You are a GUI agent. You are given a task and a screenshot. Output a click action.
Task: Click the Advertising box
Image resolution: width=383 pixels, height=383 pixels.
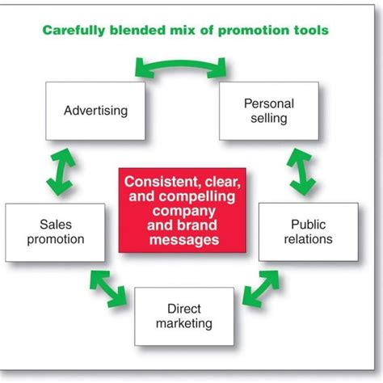click(95, 111)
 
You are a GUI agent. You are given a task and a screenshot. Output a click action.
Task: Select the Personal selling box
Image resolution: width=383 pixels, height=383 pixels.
click(269, 111)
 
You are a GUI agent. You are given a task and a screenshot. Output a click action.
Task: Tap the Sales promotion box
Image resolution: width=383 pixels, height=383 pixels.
click(55, 233)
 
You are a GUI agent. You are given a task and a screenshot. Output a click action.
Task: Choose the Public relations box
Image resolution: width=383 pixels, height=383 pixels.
click(309, 232)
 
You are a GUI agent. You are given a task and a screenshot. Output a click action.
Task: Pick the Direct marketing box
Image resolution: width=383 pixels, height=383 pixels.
click(184, 317)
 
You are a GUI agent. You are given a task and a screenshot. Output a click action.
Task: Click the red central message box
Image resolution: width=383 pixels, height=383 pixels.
click(183, 210)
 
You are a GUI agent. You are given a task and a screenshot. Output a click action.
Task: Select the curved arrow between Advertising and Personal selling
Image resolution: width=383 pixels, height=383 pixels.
click(180, 64)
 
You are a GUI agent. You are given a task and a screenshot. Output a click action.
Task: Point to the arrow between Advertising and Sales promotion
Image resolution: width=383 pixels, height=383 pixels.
click(61, 172)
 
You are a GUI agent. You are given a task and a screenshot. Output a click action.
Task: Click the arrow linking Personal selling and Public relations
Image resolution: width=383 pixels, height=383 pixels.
click(301, 172)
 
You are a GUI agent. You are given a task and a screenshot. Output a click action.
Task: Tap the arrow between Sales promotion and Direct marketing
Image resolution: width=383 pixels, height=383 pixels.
click(108, 289)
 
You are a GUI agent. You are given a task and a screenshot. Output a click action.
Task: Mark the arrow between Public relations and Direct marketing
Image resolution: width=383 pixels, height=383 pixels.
click(261, 289)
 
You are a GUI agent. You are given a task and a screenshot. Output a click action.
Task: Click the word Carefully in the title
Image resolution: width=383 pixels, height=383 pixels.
click(74, 30)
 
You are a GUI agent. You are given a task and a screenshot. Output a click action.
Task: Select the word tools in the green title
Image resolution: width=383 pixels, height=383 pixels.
click(311, 30)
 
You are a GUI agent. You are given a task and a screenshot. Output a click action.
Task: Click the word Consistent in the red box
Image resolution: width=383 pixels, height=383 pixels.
click(162, 182)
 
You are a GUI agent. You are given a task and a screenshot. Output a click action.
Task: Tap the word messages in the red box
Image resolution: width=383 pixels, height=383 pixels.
click(184, 240)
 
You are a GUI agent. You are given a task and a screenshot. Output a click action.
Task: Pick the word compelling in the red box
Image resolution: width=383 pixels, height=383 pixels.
click(197, 196)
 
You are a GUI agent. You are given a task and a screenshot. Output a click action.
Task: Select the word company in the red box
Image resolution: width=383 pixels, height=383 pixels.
click(183, 211)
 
